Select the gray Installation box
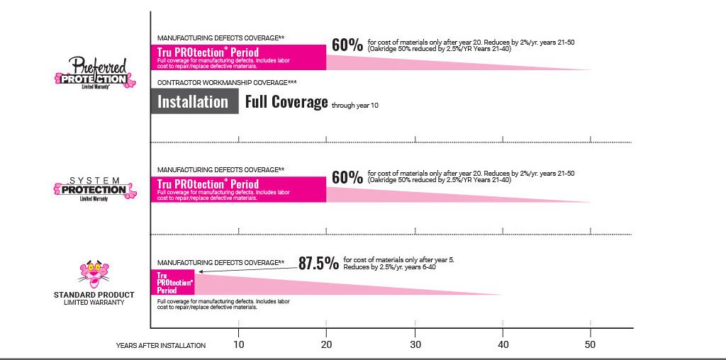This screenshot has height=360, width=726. (194, 102)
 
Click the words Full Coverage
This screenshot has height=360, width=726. (286, 102)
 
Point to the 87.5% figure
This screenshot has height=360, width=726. (318, 264)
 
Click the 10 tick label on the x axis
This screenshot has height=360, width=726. (238, 345)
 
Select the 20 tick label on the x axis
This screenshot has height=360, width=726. (326, 345)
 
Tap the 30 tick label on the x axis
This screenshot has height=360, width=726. (415, 345)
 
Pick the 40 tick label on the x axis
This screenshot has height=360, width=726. (503, 345)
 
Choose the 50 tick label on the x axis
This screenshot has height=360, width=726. (591, 345)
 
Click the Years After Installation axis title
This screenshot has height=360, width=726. (161, 346)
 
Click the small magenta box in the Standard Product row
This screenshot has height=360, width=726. (172, 282)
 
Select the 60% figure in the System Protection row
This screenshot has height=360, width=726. (347, 177)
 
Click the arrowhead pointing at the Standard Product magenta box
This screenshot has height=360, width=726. (201, 271)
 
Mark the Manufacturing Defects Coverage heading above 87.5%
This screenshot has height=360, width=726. (220, 263)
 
